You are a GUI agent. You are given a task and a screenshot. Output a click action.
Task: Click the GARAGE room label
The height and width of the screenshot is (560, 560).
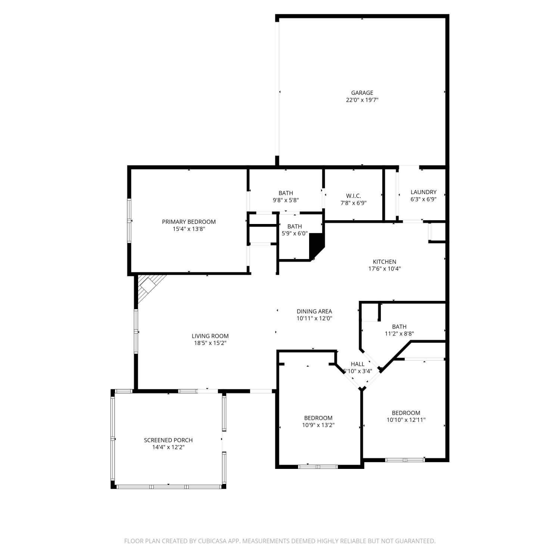click(362, 93)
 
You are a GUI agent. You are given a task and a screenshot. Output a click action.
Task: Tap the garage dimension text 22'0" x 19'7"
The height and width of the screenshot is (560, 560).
click(362, 100)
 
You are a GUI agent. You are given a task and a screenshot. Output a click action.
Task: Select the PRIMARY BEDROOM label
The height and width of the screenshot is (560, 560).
click(189, 222)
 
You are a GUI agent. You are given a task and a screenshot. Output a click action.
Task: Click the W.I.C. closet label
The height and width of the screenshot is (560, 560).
click(354, 196)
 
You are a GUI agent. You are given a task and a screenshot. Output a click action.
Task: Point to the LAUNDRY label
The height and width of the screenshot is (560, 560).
click(423, 192)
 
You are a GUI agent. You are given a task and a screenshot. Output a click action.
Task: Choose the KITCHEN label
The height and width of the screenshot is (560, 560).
click(385, 262)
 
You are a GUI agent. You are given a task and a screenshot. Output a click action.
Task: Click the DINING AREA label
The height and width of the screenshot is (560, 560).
click(314, 311)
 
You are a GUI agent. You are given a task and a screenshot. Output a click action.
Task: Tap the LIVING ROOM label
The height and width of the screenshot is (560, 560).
click(210, 336)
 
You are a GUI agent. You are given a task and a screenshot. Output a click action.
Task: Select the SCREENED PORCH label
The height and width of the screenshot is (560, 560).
click(168, 440)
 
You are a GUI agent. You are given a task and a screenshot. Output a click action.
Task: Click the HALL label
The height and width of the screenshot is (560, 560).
click(358, 364)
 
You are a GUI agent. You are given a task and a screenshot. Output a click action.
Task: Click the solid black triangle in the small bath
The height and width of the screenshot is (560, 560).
click(317, 245)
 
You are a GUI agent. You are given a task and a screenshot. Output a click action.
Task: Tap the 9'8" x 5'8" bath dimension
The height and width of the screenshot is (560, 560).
click(286, 200)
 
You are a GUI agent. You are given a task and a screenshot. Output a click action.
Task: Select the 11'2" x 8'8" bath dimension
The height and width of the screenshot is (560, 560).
click(399, 334)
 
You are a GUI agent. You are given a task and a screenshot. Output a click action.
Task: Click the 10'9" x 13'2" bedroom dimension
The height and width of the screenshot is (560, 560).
click(318, 425)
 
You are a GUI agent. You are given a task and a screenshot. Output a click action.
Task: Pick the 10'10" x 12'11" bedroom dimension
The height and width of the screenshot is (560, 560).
click(406, 420)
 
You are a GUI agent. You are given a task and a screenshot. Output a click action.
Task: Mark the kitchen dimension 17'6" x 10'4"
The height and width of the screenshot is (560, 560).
click(385, 269)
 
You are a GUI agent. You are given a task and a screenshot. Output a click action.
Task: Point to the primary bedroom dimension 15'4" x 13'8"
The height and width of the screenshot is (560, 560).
click(189, 229)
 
